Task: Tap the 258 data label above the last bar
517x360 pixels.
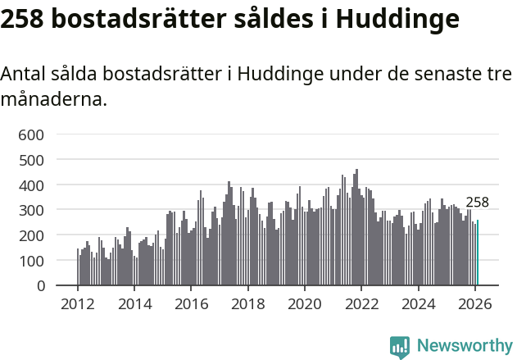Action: pos(477,203)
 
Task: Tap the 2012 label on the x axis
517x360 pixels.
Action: pos(78,304)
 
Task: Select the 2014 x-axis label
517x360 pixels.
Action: pos(134,304)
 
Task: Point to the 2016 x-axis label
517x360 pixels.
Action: pos(191,304)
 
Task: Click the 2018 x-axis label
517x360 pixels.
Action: pos(247,304)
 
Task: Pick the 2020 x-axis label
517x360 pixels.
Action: pos(305,304)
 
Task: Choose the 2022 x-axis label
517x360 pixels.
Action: pos(361,304)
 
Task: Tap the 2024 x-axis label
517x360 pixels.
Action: pos(418,304)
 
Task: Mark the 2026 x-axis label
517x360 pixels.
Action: pos(474,304)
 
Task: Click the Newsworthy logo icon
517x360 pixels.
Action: pos(400,347)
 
